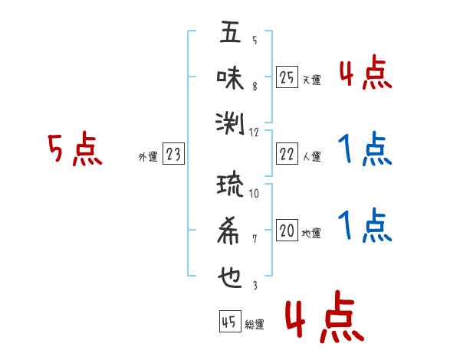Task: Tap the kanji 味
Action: pos(231,77)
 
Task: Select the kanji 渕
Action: pos(231,121)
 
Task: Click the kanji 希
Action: pos(231,229)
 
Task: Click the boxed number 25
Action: pos(287,77)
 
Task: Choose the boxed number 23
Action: pos(173,155)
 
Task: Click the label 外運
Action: pos(148,157)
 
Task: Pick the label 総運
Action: pos(255,325)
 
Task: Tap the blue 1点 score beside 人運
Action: pos(365,149)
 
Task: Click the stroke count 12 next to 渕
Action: pos(255,132)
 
